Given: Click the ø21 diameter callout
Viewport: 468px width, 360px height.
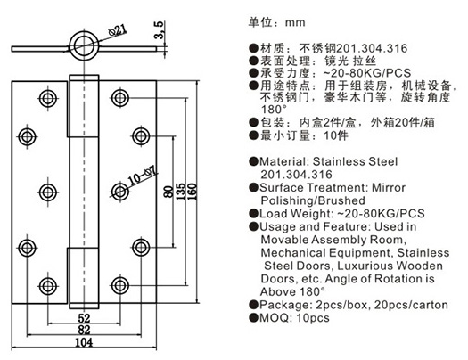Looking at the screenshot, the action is (119, 30).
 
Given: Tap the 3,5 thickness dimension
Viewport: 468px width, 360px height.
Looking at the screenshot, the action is (159, 29).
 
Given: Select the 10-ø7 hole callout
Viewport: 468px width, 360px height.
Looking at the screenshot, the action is (143, 176).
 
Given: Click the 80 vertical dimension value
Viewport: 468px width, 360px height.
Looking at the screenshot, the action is (168, 192).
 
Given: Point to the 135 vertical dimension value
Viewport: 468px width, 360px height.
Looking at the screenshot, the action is (181, 192).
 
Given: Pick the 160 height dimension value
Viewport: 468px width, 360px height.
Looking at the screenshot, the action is (193, 192).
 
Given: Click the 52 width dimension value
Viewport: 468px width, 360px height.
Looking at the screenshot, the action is (84, 318).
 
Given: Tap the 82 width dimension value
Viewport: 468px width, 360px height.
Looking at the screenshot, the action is (84, 330).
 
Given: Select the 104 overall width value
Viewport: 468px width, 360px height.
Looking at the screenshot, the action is (84, 342).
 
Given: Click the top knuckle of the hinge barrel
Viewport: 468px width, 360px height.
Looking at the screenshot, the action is (84, 106).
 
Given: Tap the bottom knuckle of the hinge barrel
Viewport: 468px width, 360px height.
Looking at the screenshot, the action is (84, 278).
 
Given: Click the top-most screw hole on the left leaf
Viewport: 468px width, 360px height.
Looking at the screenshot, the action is (48, 98).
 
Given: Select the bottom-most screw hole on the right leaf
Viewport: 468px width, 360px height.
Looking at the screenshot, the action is (120, 285).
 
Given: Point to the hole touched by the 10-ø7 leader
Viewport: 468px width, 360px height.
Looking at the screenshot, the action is (120, 192).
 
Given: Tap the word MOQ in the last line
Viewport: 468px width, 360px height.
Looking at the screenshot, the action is (274, 317).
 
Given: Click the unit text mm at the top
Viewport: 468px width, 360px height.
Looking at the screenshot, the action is (295, 23).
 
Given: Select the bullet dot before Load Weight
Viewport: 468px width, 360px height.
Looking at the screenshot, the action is (253, 214).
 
